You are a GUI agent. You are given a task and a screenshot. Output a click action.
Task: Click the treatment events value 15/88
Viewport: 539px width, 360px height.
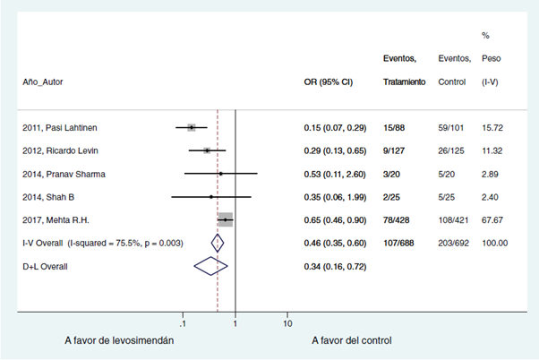coord(396,128)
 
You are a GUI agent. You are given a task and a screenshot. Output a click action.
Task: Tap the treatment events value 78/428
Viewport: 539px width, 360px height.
coord(399,219)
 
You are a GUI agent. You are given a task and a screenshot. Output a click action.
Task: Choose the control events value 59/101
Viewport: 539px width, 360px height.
coord(451,128)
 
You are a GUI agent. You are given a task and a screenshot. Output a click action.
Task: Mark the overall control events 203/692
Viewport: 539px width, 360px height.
coord(454,243)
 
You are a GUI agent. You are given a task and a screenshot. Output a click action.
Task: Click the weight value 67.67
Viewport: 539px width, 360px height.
coord(493,219)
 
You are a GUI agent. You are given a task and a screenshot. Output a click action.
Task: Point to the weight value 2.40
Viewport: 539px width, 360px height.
coord(491,197)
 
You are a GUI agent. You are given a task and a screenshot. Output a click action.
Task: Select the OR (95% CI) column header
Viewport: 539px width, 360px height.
coord(329,81)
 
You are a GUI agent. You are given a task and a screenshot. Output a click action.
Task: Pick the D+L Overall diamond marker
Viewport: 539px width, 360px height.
coord(210,265)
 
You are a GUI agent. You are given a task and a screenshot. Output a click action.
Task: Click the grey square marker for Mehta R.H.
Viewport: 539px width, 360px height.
coord(226,219)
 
